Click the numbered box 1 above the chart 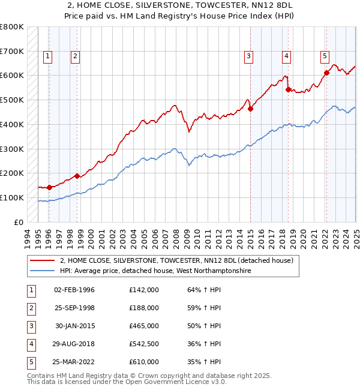click(47, 57)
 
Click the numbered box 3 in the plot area click(248, 57)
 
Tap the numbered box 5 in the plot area click(325, 57)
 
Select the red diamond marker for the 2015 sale click(250, 109)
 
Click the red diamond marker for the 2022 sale click(326, 73)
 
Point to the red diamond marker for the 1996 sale click(49, 187)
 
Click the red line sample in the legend click(43, 261)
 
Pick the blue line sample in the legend click(43, 271)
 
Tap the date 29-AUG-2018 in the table click(74, 344)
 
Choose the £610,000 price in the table click(144, 362)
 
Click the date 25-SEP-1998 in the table click(74, 308)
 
